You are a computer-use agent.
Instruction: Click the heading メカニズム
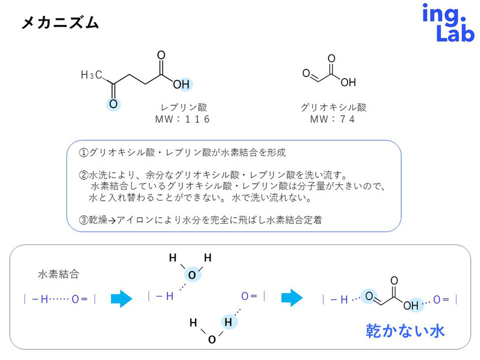[x=60, y=23]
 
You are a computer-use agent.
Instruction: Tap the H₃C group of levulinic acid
[x=92, y=75]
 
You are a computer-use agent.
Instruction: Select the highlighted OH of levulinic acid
[x=181, y=85]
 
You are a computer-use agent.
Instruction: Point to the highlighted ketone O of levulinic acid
[x=113, y=104]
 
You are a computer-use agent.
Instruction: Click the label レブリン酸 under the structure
[x=183, y=107]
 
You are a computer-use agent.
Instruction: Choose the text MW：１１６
[x=183, y=120]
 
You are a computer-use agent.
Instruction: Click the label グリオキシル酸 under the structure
[x=334, y=107]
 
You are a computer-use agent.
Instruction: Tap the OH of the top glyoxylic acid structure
[x=348, y=82]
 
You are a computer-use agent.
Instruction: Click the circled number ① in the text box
[x=83, y=153]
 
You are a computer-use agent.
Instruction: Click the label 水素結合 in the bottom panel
[x=58, y=274]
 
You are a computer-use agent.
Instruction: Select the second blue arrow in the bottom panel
[x=292, y=298]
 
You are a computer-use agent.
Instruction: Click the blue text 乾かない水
[x=405, y=331]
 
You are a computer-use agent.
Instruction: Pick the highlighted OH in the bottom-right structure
[x=411, y=305]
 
